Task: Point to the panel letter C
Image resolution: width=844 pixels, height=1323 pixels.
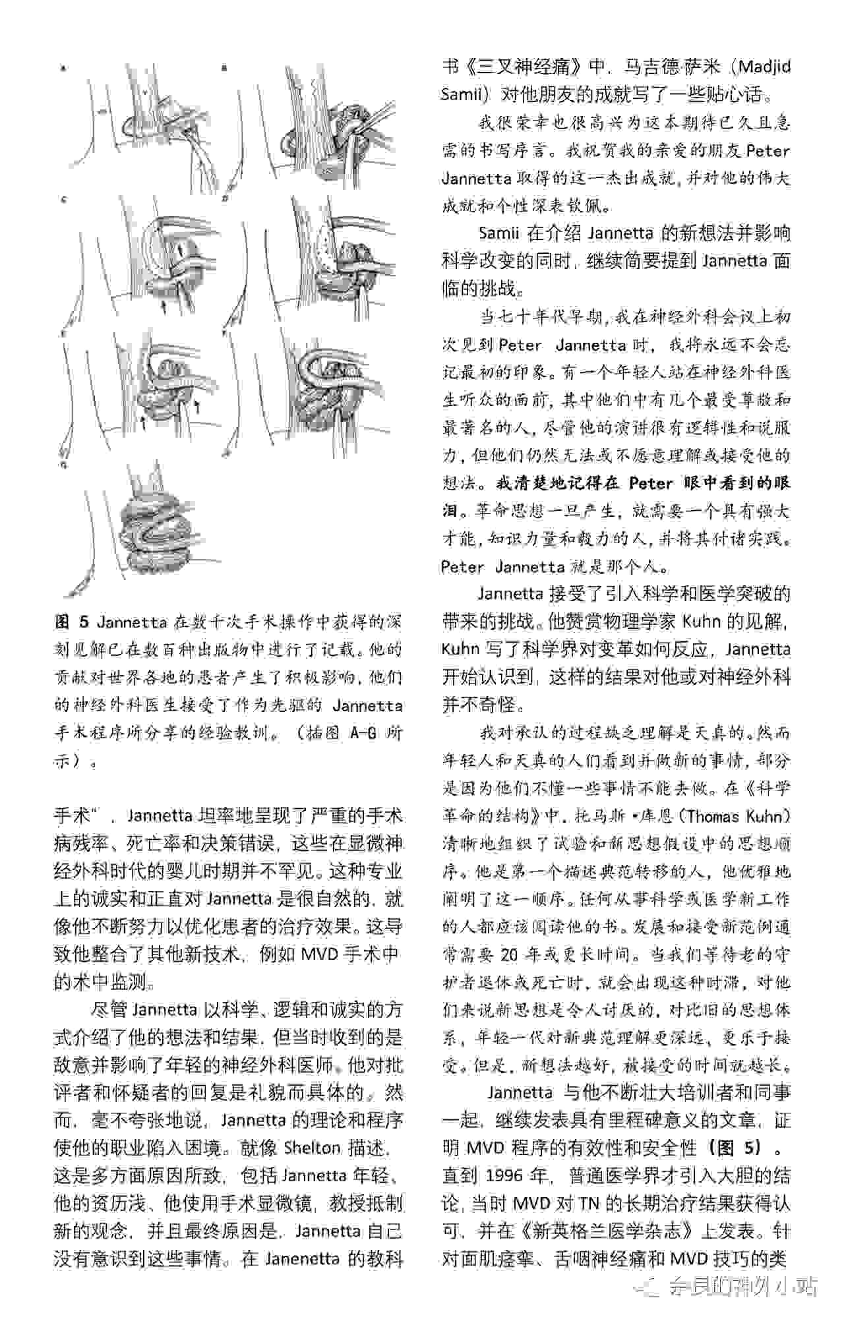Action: pyautogui.click(x=64, y=198)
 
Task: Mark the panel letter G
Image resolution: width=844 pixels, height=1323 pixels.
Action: pyautogui.click(x=64, y=465)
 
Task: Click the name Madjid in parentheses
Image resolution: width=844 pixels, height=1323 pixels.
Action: pyautogui.click(x=764, y=67)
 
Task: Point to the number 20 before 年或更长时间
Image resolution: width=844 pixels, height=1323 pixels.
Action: pyautogui.click(x=510, y=955)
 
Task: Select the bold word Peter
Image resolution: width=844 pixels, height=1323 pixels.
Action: pyautogui.click(x=649, y=483)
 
